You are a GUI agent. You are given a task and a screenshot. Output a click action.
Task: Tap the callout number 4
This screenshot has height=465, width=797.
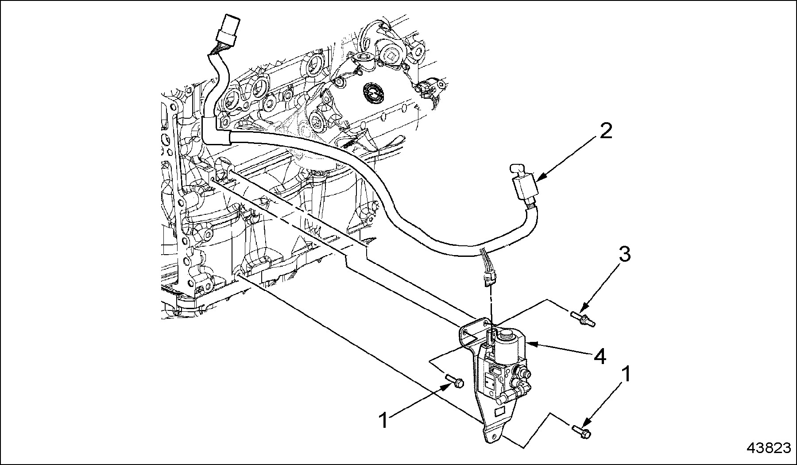[x=601, y=356]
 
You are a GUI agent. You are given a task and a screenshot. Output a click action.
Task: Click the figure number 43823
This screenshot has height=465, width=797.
[x=769, y=448]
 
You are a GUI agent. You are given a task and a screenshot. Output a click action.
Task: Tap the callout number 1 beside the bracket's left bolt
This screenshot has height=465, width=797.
[x=384, y=420]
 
